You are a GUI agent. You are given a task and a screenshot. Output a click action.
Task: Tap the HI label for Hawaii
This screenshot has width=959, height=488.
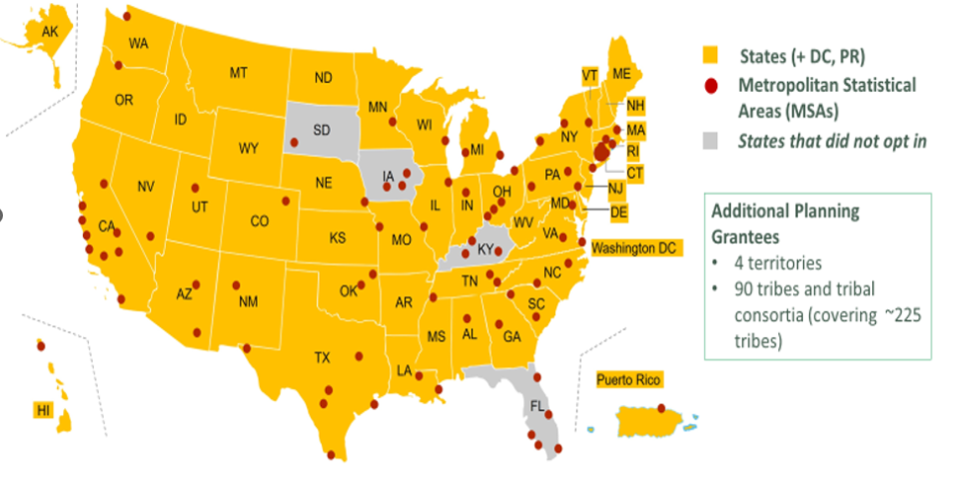[43, 410]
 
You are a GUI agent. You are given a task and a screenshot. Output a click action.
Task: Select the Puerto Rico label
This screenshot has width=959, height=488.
[628, 380]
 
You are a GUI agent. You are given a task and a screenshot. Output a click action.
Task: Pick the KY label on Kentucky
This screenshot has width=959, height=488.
[485, 249]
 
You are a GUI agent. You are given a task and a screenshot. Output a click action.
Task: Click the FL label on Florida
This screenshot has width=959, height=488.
[537, 407]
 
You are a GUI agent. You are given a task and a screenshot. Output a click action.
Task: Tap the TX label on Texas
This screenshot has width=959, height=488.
[322, 356]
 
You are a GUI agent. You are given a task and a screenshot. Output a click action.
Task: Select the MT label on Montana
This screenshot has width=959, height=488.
[239, 73]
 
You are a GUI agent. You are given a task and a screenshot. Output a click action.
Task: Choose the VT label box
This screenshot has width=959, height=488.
[589, 76]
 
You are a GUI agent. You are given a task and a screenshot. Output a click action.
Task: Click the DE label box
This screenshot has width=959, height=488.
[618, 211]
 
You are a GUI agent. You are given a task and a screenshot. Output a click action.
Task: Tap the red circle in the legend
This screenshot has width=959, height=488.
[710, 86]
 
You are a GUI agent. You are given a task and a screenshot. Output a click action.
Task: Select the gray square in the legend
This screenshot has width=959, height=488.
[710, 141]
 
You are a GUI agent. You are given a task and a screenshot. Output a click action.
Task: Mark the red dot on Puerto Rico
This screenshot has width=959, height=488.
[661, 407]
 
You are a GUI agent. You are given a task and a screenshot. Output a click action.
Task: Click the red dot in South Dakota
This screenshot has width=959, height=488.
[294, 142]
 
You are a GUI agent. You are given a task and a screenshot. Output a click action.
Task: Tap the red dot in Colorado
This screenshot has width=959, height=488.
[286, 201]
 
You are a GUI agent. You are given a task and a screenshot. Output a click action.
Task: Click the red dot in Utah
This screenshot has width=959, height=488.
[195, 189]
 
